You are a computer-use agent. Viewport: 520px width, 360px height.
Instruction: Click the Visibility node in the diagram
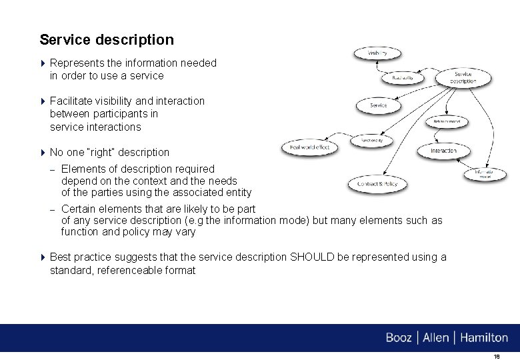tap(378, 53)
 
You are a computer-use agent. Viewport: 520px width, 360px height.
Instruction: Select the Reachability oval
tap(403, 78)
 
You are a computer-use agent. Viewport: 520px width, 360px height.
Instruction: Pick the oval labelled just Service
tap(378, 105)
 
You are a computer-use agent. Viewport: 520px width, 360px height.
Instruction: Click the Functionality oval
tap(371, 141)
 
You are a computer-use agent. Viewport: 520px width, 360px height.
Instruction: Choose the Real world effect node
tap(310, 147)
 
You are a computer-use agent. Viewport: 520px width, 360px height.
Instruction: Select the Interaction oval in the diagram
tap(443, 151)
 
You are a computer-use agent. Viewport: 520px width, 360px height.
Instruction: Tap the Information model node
tap(485, 174)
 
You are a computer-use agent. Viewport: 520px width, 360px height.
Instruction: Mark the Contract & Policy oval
tap(377, 184)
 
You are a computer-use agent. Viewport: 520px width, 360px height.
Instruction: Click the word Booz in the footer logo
tap(399, 338)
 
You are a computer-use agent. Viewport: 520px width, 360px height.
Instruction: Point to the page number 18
tap(496, 357)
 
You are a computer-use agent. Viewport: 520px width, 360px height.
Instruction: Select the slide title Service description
tap(107, 40)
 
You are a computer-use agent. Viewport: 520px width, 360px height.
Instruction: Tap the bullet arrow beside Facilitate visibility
tap(43, 101)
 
